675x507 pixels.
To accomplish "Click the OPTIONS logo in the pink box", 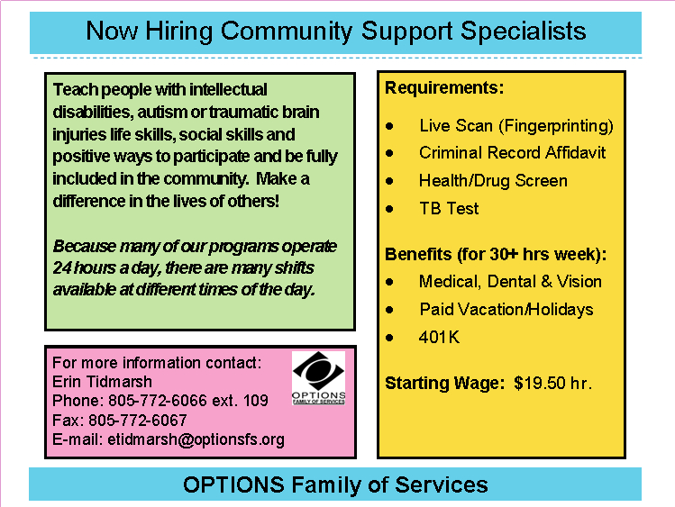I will pos(317,377).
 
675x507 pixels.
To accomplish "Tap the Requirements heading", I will pos(444,88).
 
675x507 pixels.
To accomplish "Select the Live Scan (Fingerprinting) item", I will pos(515,125).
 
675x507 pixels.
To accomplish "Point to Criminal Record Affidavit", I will pos(512,152).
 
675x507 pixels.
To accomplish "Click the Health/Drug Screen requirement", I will pos(493,180).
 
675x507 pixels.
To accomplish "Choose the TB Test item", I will pos(449,208).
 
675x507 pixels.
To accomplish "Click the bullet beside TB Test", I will pos(389,208).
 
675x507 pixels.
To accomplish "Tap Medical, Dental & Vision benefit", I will pos(510,282).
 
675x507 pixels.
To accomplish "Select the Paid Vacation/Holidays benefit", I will pos(506,309).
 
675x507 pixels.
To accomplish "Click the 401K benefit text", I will pos(440,338).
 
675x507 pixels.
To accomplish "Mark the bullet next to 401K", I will pos(389,338).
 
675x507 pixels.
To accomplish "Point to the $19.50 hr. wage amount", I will pos(552,383).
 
